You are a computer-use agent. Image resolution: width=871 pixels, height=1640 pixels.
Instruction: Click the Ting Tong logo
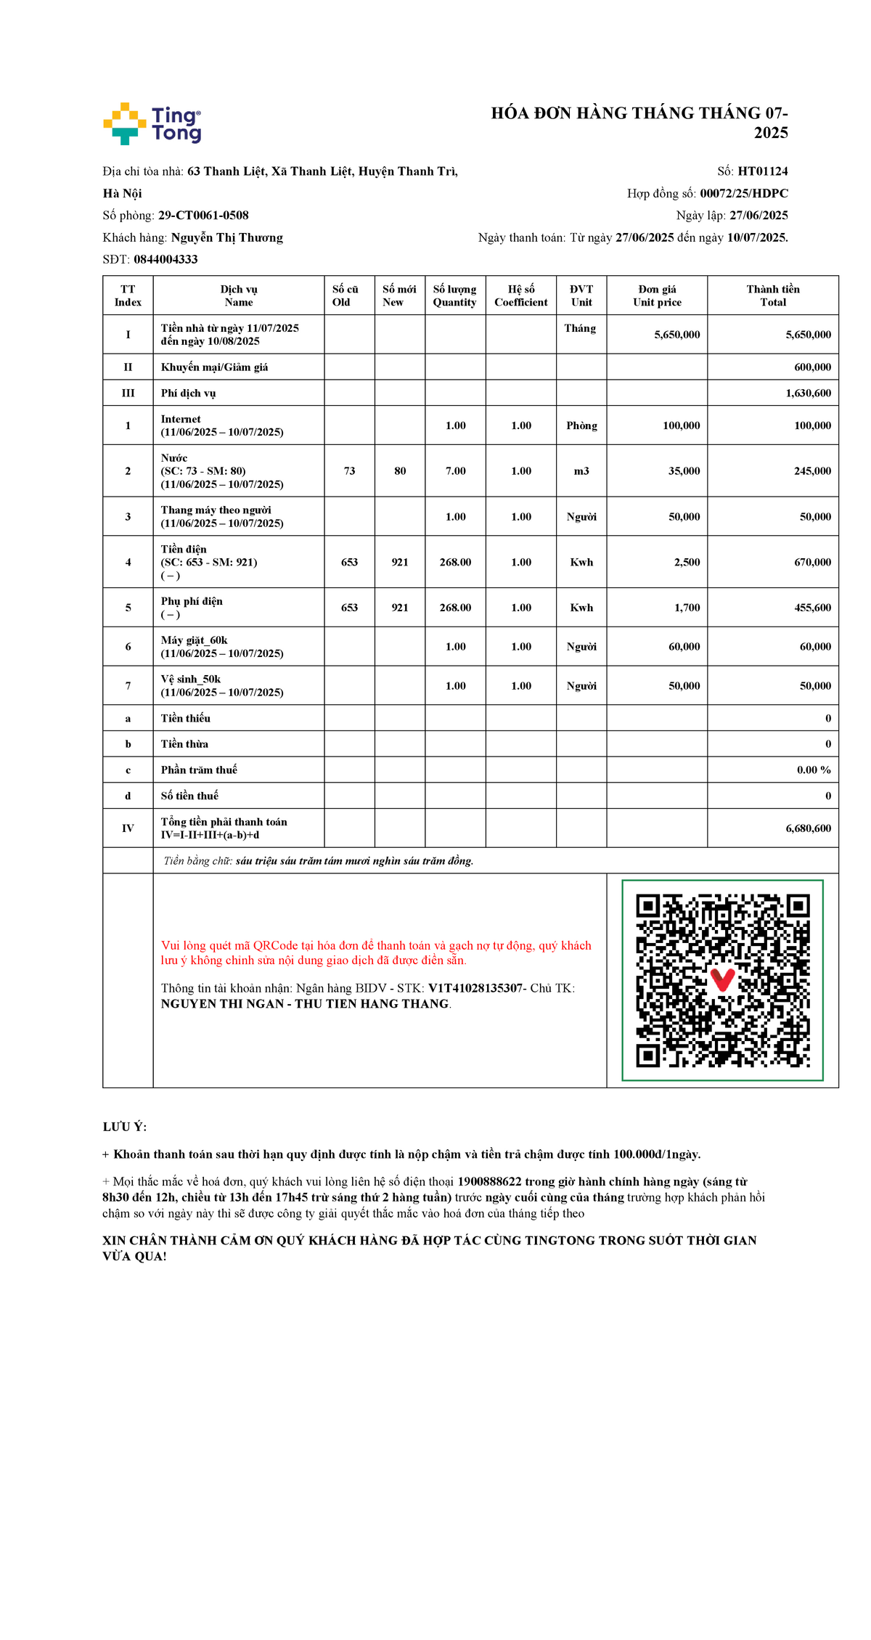(152, 124)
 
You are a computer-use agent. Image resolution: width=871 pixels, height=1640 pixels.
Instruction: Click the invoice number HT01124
(762, 171)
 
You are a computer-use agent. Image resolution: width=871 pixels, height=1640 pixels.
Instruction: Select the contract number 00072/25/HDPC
(743, 193)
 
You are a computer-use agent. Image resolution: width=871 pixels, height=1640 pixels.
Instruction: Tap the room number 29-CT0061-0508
(203, 216)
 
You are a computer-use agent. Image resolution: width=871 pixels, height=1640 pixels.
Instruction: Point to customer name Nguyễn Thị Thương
(226, 237)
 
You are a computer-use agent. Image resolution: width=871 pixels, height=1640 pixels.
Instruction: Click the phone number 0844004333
(165, 259)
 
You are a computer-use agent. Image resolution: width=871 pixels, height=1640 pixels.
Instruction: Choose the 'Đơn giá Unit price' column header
(657, 295)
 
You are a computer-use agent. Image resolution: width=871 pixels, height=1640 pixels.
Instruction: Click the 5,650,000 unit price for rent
(676, 335)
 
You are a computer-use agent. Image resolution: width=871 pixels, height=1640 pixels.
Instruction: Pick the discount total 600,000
(812, 367)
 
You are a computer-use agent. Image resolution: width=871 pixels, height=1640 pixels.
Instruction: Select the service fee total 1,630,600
(808, 393)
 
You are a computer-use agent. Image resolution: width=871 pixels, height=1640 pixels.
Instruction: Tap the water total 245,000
(812, 471)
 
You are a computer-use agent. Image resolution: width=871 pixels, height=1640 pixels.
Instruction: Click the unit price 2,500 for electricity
(687, 563)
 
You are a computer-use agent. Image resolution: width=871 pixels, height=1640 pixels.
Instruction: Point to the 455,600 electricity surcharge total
(812, 608)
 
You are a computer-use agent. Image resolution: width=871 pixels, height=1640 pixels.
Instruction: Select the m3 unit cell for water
(581, 471)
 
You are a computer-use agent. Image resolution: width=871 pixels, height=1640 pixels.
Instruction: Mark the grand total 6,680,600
(808, 828)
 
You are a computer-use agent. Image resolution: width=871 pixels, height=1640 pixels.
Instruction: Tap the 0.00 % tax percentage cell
(814, 770)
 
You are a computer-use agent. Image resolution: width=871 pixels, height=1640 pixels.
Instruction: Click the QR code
(722, 980)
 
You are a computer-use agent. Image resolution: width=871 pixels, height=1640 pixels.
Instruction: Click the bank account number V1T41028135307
(475, 988)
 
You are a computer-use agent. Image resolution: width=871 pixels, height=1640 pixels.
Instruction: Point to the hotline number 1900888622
(489, 1182)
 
